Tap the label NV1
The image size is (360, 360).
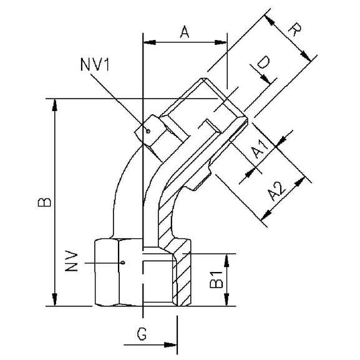[x=95, y=65]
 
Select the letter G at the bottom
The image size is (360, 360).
[x=142, y=336]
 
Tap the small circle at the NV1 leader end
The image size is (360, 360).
[x=148, y=131]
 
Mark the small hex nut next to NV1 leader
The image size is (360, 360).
[x=156, y=132]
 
